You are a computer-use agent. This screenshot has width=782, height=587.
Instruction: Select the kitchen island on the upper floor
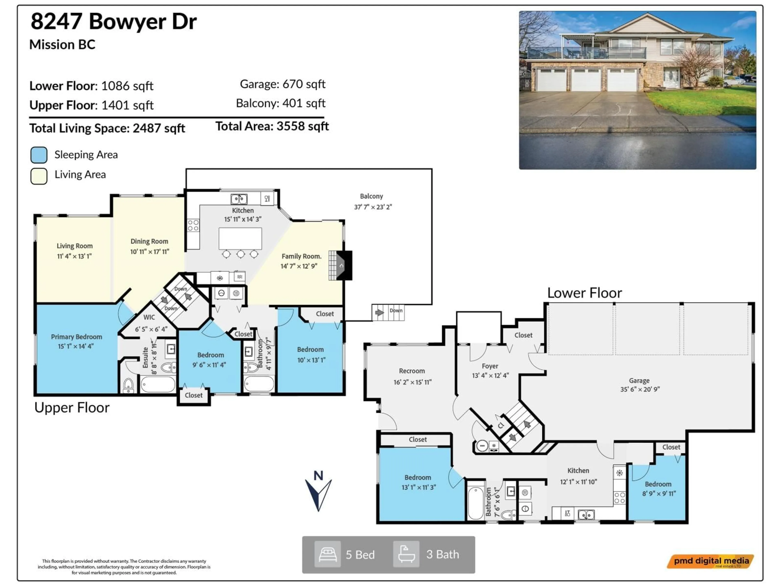pyautogui.click(x=240, y=238)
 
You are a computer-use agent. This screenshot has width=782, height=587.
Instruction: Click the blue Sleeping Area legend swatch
pyautogui.click(x=39, y=155)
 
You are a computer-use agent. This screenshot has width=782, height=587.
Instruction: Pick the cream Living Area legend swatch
pyautogui.click(x=39, y=176)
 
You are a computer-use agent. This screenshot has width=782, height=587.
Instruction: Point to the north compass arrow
pyautogui.click(x=318, y=492)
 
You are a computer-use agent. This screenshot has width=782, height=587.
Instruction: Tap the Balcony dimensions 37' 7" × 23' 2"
pyautogui.click(x=373, y=207)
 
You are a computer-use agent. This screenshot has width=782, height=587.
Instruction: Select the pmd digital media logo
pyautogui.click(x=711, y=561)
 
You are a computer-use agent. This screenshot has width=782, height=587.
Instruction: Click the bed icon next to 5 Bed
pyautogui.click(x=327, y=554)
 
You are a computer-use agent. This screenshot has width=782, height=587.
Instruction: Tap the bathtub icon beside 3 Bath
pyautogui.click(x=406, y=554)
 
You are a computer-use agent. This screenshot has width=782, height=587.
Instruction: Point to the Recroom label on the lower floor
pyautogui.click(x=412, y=371)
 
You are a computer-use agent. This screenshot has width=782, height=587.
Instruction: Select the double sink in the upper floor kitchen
pyautogui.click(x=239, y=199)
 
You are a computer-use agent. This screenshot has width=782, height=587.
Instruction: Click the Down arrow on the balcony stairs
pyautogui.click(x=379, y=312)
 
